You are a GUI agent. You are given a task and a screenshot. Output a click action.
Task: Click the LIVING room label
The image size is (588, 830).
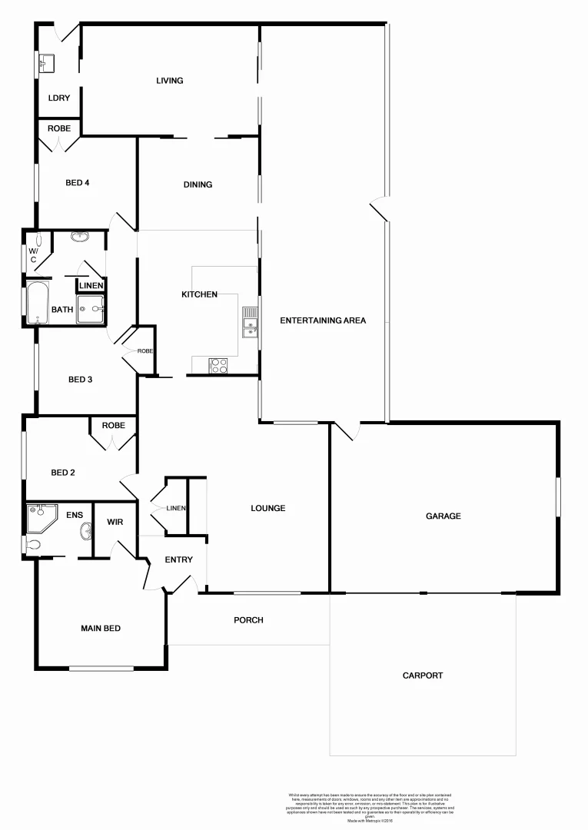coord(169,81)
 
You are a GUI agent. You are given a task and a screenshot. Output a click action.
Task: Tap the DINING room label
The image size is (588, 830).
coord(198,184)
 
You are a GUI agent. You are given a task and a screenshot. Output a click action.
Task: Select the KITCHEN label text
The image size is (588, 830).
coord(199,294)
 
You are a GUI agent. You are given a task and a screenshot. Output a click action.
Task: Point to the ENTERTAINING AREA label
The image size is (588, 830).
coord(323,320)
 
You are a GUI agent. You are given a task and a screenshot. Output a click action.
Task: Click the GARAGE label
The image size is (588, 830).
coord(443,516)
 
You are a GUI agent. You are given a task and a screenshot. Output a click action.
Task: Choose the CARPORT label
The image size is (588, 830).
coord(423,676)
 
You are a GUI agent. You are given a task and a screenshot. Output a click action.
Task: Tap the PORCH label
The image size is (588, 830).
coord(248,620)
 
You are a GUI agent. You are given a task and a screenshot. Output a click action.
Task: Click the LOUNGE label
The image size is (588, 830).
coord(267,508)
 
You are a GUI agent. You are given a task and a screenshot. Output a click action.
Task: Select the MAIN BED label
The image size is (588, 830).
coord(101,629)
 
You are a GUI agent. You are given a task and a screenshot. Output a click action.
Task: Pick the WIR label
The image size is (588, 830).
coord(115,523)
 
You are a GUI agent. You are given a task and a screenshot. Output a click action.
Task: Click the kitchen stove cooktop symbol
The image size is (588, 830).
coord(218,366)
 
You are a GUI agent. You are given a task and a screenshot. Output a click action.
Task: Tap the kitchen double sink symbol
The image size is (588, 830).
coord(250,322)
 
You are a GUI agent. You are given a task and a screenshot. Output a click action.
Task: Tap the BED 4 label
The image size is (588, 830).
coord(78,182)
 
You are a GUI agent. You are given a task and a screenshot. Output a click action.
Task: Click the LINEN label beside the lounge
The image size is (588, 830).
coord(176,508)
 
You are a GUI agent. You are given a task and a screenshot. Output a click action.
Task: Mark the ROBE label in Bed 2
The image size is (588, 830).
coord(113,425)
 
